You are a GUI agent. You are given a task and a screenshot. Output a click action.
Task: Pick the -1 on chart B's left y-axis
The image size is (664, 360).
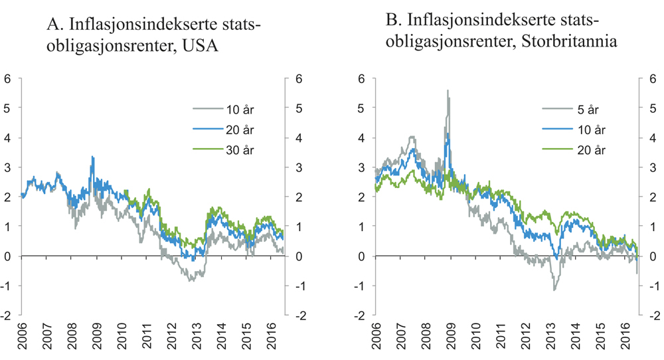[x=359, y=286]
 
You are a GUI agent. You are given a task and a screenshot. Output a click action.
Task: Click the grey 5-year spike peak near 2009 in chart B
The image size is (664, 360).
[x=448, y=91]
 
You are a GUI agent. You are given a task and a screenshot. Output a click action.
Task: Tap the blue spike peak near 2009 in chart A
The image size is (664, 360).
[x=92, y=157]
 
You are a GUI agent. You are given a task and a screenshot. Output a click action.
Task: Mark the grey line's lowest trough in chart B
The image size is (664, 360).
[x=554, y=290]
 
